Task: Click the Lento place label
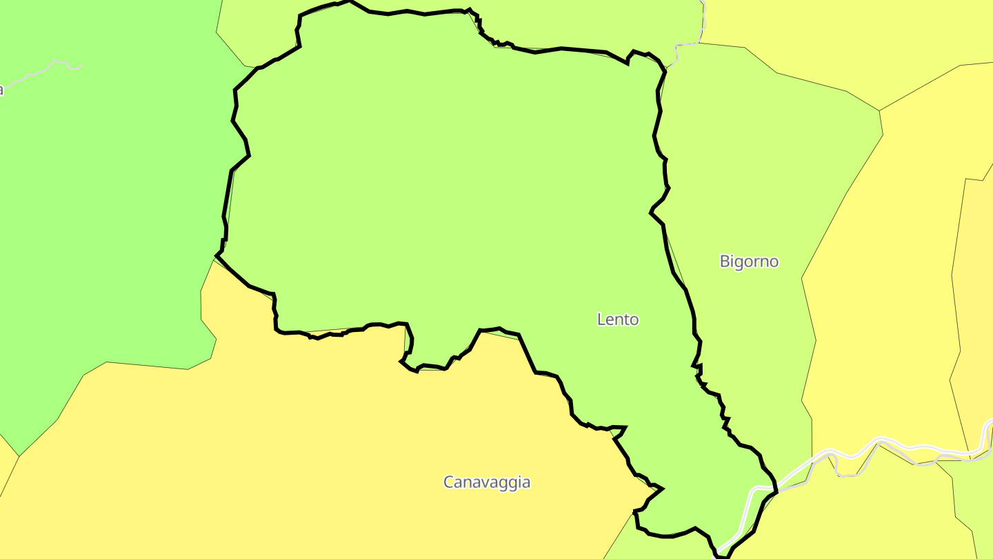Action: (618, 320)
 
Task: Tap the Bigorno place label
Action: (749, 262)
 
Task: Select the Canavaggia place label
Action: (487, 482)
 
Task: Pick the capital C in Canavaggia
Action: (449, 482)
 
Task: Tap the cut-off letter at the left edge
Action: (1, 90)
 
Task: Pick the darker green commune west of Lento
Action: (103, 207)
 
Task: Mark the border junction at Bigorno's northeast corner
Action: (879, 110)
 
